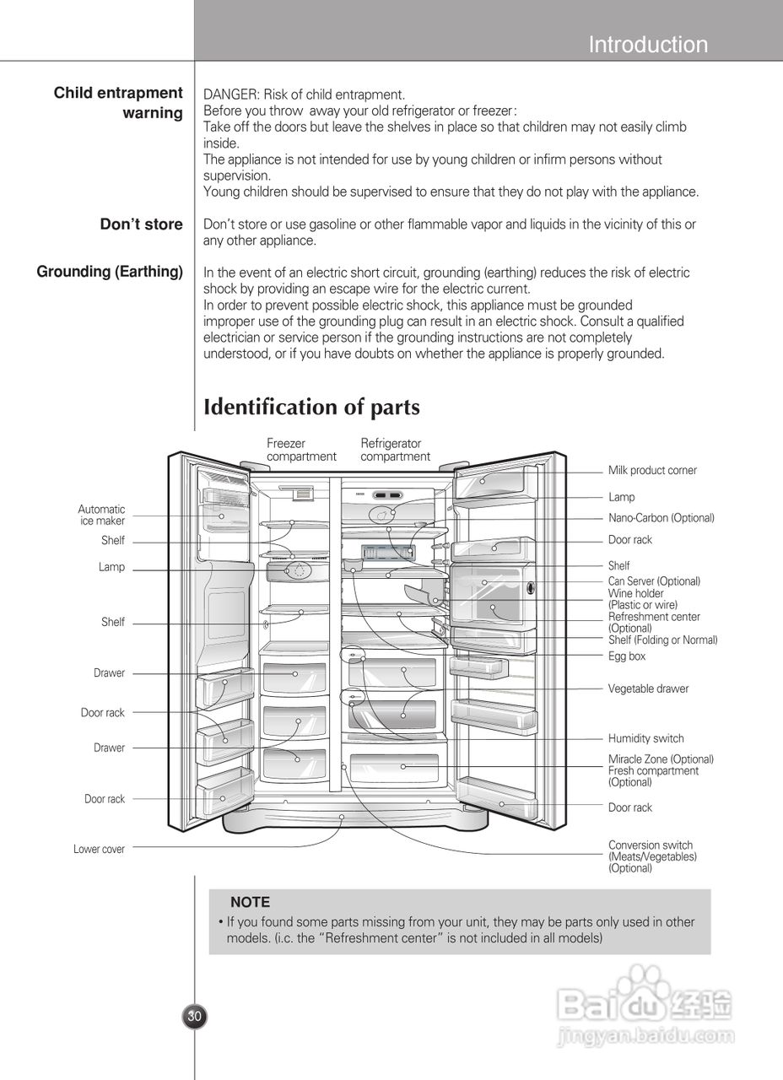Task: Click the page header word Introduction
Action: [648, 45]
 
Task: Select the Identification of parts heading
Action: [311, 408]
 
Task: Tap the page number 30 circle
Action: [194, 1017]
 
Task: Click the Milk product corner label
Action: [652, 471]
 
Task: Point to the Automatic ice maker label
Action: [101, 516]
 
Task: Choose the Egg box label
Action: [627, 656]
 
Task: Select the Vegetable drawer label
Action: [648, 689]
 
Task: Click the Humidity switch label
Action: [645, 739]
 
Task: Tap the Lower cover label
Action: [99, 850]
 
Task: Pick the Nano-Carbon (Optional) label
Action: [661, 518]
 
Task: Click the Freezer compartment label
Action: [301, 450]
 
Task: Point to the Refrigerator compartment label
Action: [395, 450]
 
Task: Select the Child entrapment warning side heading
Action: [119, 103]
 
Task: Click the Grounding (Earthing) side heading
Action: [110, 272]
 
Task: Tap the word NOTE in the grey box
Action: [250, 903]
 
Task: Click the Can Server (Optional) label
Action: [654, 581]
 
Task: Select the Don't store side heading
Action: [141, 224]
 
